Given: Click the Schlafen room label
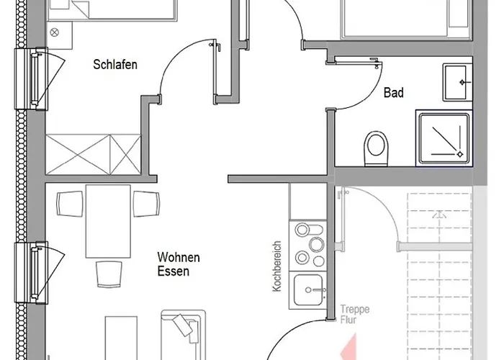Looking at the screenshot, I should coord(115,64).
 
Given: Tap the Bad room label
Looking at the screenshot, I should coord(393,93).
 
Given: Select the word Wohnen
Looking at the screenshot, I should coord(179,257).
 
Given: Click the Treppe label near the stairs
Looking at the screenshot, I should coord(356,310).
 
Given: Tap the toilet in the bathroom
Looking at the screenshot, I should coord(376,147).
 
